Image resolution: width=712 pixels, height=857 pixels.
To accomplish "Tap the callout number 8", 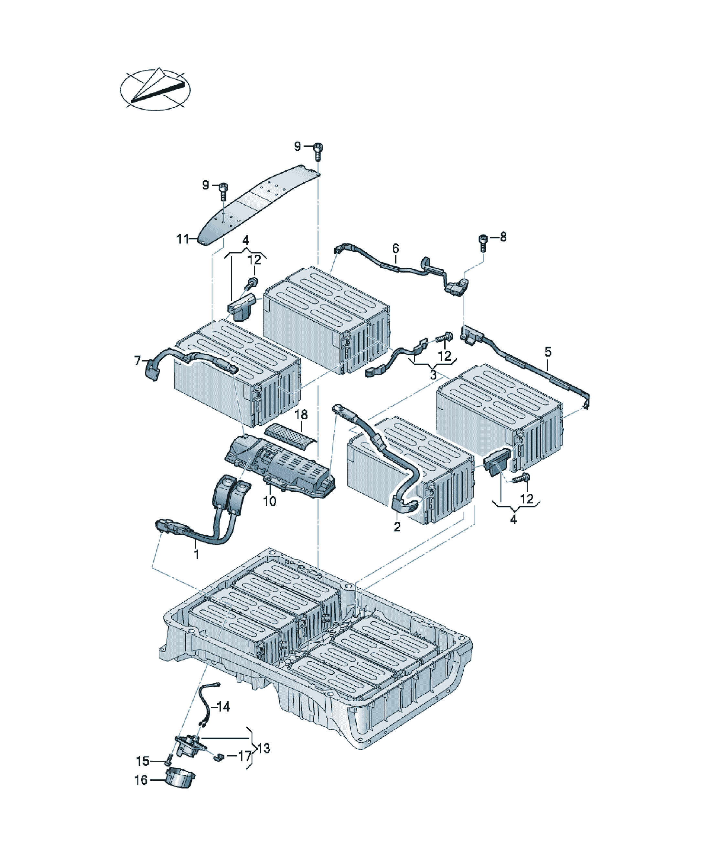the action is [503, 237].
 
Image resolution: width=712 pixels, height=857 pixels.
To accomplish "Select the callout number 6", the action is [395, 248].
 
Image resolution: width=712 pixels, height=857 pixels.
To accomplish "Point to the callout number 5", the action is [548, 351].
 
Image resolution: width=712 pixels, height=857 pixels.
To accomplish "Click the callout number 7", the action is [138, 361].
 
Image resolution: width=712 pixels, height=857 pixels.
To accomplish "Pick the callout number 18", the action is [301, 415].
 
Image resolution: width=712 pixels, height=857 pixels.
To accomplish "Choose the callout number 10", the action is [269, 501].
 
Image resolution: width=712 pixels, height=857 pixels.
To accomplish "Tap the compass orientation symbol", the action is [156, 89].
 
